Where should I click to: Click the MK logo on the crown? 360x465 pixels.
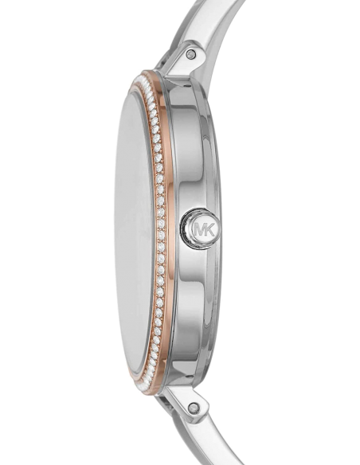click(x=205, y=229)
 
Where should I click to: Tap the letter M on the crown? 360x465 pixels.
click(x=200, y=229)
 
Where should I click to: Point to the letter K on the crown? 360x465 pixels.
click(x=209, y=229)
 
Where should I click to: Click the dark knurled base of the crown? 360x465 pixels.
click(x=185, y=229)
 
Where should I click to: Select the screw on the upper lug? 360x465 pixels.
click(x=190, y=54)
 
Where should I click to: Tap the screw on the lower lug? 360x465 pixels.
click(x=194, y=408)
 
